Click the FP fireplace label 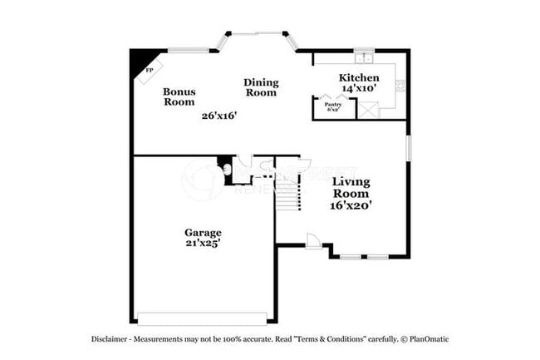(x=150, y=71)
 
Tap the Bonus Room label (x=179, y=96)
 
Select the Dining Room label (x=261, y=87)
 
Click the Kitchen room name (x=359, y=77)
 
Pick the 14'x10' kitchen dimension (x=359, y=87)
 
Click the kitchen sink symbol (x=363, y=58)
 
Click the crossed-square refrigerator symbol (x=370, y=108)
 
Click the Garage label (x=203, y=232)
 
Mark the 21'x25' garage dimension (x=203, y=243)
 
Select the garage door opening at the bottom (x=202, y=318)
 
